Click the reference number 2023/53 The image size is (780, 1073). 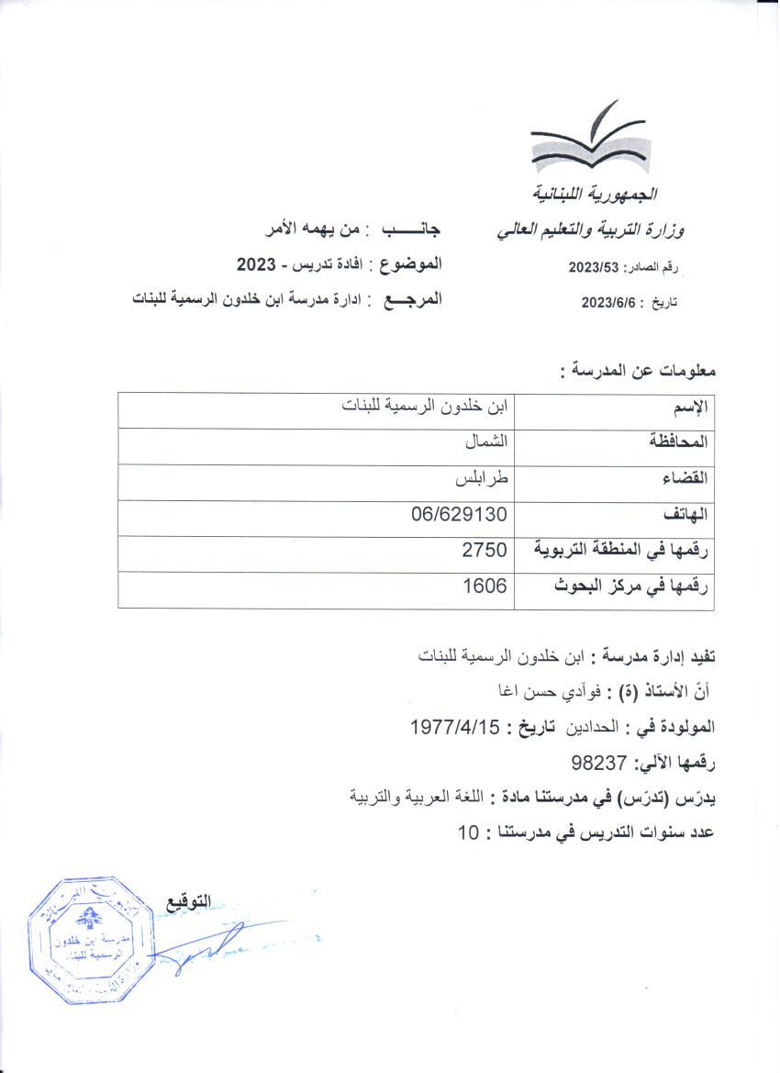[x=596, y=267]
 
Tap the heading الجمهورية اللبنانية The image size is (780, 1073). [x=597, y=196]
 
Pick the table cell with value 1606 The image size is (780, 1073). [x=485, y=587]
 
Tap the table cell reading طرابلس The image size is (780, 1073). [x=483, y=478]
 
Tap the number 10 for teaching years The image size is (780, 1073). [x=469, y=833]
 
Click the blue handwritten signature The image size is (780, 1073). [x=202, y=950]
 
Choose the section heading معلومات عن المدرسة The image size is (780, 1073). [x=637, y=372]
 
